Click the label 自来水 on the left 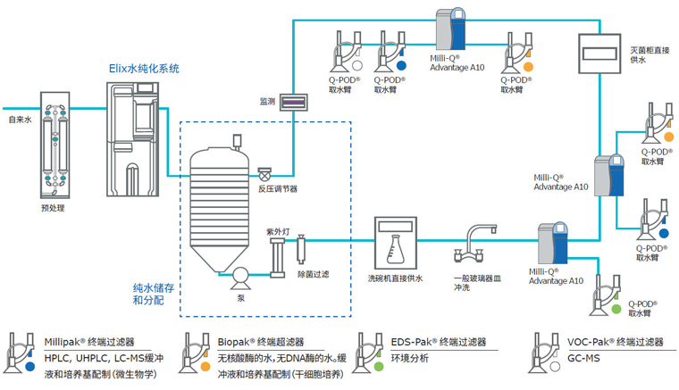[x=20, y=118]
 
